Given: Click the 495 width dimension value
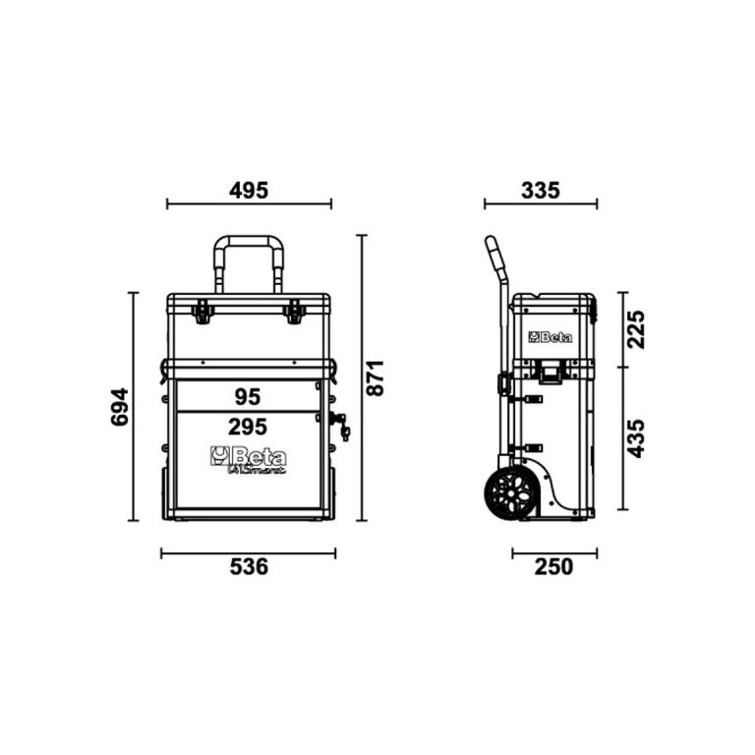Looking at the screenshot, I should click(x=249, y=190).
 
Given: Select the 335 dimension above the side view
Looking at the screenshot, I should click(x=540, y=190).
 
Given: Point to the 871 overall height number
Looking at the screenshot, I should click(x=376, y=377).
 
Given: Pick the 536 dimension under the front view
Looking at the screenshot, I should click(x=248, y=567).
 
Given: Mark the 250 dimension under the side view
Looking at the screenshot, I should click(x=554, y=567).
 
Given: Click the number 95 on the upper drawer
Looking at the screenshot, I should click(x=248, y=396).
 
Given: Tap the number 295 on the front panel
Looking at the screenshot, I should click(x=248, y=429).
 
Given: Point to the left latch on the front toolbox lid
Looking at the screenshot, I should click(x=203, y=313).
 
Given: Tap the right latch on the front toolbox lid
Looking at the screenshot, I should click(x=293, y=313).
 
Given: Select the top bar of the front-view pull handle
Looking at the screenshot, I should click(x=249, y=239).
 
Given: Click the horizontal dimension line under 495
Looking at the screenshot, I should click(x=249, y=204).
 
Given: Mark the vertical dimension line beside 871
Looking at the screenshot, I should click(x=362, y=377).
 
